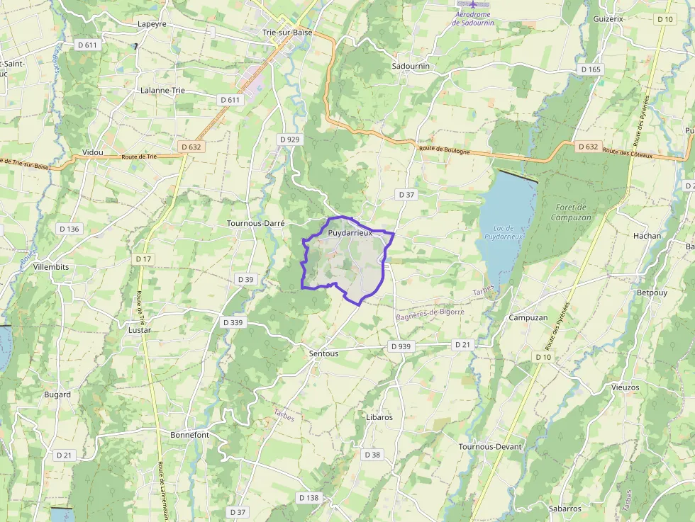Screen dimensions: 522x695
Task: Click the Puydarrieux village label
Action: click(x=350, y=232)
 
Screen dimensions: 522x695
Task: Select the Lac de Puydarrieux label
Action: click(x=504, y=232)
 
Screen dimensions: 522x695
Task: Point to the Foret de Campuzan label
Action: click(x=571, y=212)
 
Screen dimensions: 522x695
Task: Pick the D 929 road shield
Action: click(x=291, y=140)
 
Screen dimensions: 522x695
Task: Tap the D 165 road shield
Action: click(x=590, y=69)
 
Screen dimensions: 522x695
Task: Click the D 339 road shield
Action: click(x=233, y=322)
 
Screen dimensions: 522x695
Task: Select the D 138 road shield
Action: click(x=309, y=498)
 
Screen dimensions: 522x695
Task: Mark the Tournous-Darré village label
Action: click(x=255, y=222)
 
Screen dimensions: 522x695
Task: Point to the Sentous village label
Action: click(x=323, y=353)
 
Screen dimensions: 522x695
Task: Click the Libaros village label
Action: click(x=379, y=417)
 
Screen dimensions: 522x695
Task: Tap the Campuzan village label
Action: click(x=528, y=318)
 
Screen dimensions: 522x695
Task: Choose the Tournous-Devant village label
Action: click(x=490, y=447)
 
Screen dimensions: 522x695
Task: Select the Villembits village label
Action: click(x=51, y=267)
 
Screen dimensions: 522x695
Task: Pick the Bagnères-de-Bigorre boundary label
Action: click(x=430, y=312)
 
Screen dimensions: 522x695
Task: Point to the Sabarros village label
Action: click(x=565, y=509)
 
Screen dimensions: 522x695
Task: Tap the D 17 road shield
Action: click(x=143, y=259)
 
